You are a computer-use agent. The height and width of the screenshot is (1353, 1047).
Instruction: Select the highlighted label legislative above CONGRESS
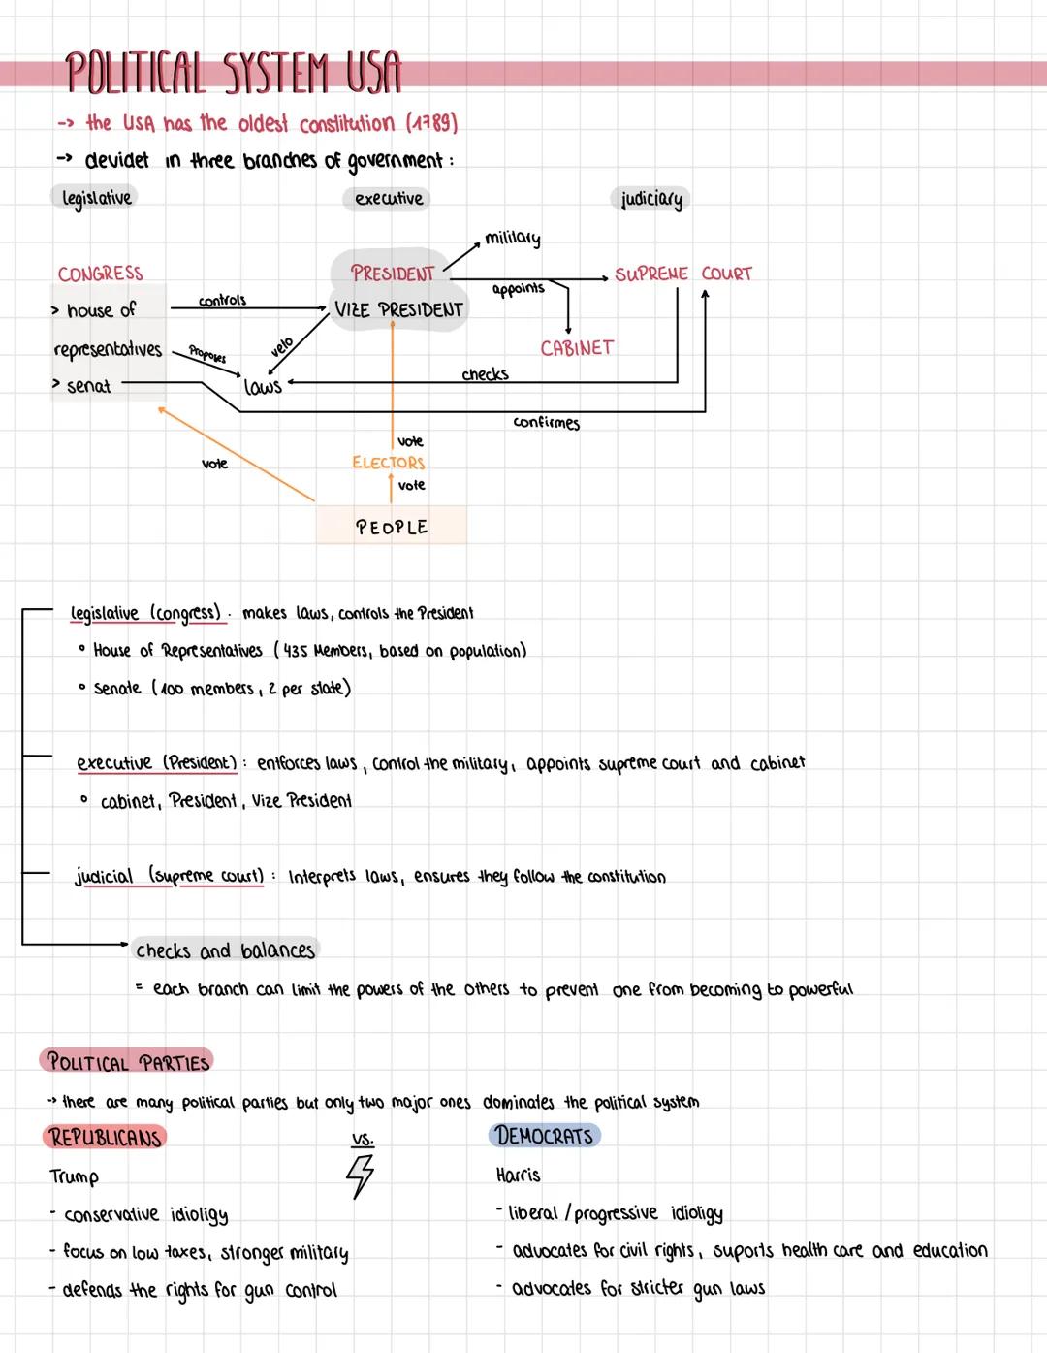96,198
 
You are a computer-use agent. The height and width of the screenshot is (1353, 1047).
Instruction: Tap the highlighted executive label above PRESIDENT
389,199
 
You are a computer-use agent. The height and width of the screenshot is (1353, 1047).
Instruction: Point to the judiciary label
651,200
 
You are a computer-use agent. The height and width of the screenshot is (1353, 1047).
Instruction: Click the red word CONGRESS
100,274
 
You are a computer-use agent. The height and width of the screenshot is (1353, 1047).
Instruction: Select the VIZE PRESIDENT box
398,310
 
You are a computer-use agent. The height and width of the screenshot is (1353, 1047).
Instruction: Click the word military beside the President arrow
513,238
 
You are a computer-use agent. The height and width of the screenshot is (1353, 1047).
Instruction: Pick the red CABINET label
577,347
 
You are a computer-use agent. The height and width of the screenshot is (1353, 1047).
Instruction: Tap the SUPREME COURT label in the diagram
683,274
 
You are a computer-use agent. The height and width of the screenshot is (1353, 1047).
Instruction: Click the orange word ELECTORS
389,463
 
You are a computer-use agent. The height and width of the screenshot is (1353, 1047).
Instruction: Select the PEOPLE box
392,527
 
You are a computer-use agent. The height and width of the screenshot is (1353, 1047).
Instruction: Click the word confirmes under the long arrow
547,423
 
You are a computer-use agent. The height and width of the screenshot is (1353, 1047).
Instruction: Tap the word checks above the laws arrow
485,374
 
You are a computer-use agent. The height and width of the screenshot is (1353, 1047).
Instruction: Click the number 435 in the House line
296,651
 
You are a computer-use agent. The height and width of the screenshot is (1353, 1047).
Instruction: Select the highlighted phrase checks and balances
225,950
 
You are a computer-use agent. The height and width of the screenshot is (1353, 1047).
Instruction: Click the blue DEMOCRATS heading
544,1136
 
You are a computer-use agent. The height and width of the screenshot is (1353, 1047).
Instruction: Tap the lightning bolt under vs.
361,1176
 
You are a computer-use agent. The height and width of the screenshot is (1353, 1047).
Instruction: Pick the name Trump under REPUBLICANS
75,1176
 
